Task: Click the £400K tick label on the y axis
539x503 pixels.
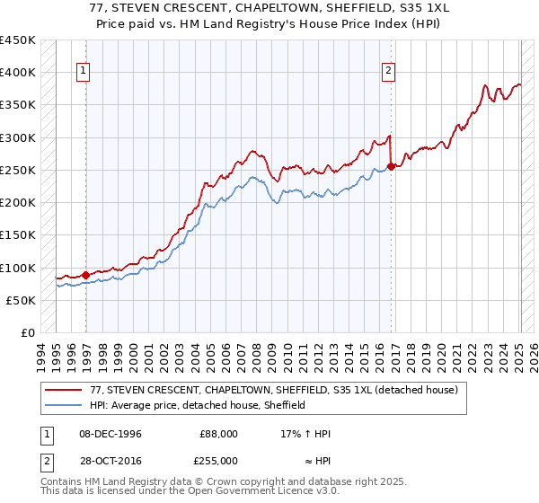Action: [18, 73]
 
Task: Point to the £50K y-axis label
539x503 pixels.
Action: [21, 300]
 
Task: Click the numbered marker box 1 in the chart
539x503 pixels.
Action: [83, 71]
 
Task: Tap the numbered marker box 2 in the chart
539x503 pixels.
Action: [388, 71]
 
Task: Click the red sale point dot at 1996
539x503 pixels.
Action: [86, 275]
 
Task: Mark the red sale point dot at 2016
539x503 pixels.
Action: [391, 165]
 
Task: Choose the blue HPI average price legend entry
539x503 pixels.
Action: [198, 405]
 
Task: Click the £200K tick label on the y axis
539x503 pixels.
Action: [18, 203]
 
